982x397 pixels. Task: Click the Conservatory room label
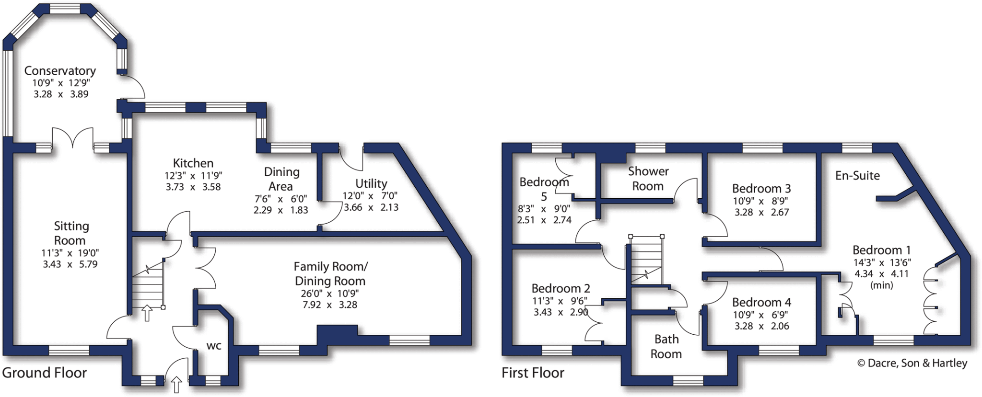coord(60,71)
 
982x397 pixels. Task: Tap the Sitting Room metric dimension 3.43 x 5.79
coord(70,264)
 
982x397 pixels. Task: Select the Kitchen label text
coord(193,163)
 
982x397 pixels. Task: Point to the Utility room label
coord(371,184)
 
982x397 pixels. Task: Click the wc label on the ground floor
coord(214,346)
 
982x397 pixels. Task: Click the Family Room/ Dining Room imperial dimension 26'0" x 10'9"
coord(330,293)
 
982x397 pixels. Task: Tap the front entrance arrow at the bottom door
coord(176,384)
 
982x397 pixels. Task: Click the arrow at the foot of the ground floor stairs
coord(147,313)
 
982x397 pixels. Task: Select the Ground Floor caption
coord(45,373)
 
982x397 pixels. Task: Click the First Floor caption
coord(533,373)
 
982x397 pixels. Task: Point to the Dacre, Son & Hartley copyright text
coord(912,363)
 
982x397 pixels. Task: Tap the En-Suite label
coord(857,176)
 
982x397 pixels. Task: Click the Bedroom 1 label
coord(881,250)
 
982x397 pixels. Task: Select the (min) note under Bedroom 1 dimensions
coord(881,285)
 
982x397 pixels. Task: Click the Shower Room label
coord(648,179)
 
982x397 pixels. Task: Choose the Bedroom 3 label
coord(761,189)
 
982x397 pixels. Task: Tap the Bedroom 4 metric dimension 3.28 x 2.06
coord(761,326)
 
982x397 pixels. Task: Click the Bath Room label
coord(666,346)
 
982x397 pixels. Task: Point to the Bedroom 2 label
coord(561,288)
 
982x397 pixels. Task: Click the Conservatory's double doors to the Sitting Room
coord(72,138)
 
